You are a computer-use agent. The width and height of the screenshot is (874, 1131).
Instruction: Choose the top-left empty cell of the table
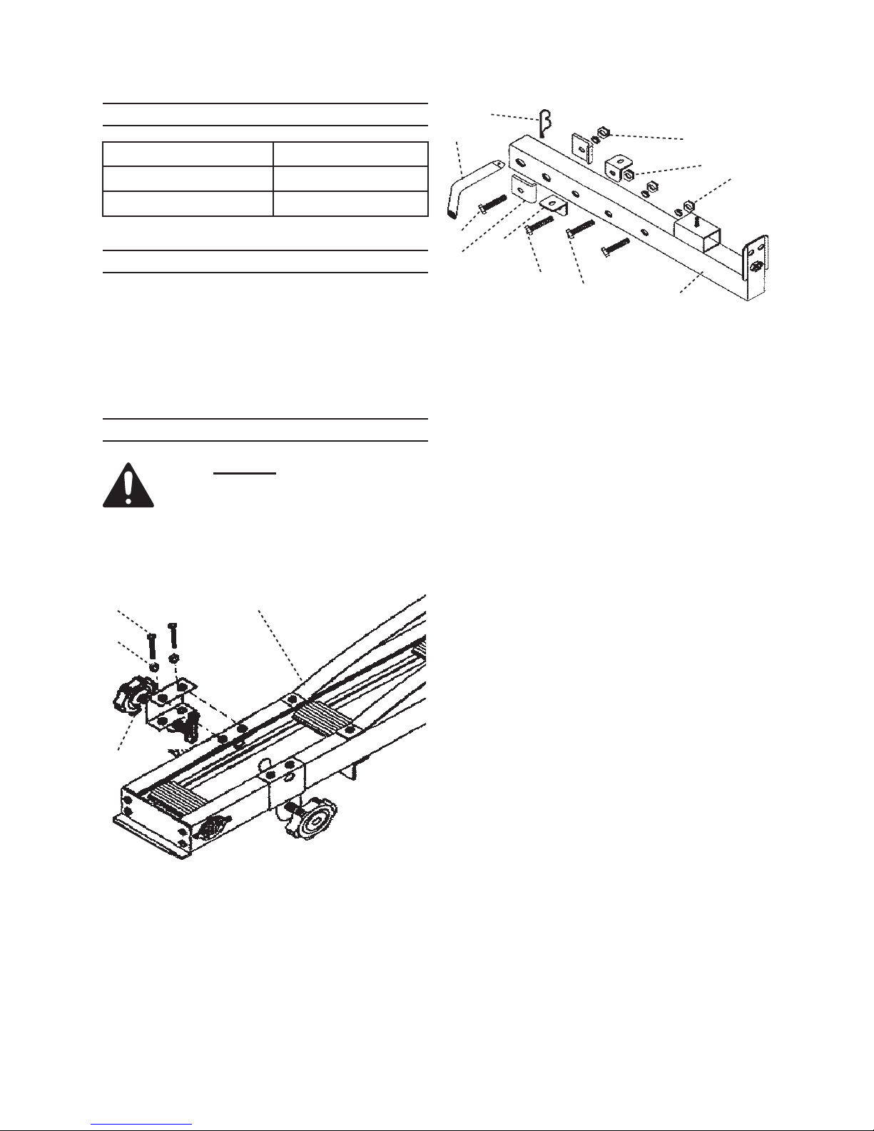point(188,154)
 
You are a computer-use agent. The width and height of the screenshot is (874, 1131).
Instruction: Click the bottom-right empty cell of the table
point(350,203)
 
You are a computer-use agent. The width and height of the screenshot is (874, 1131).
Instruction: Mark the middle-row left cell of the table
point(188,178)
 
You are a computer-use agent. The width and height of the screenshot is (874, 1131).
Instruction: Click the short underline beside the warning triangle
point(245,473)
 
